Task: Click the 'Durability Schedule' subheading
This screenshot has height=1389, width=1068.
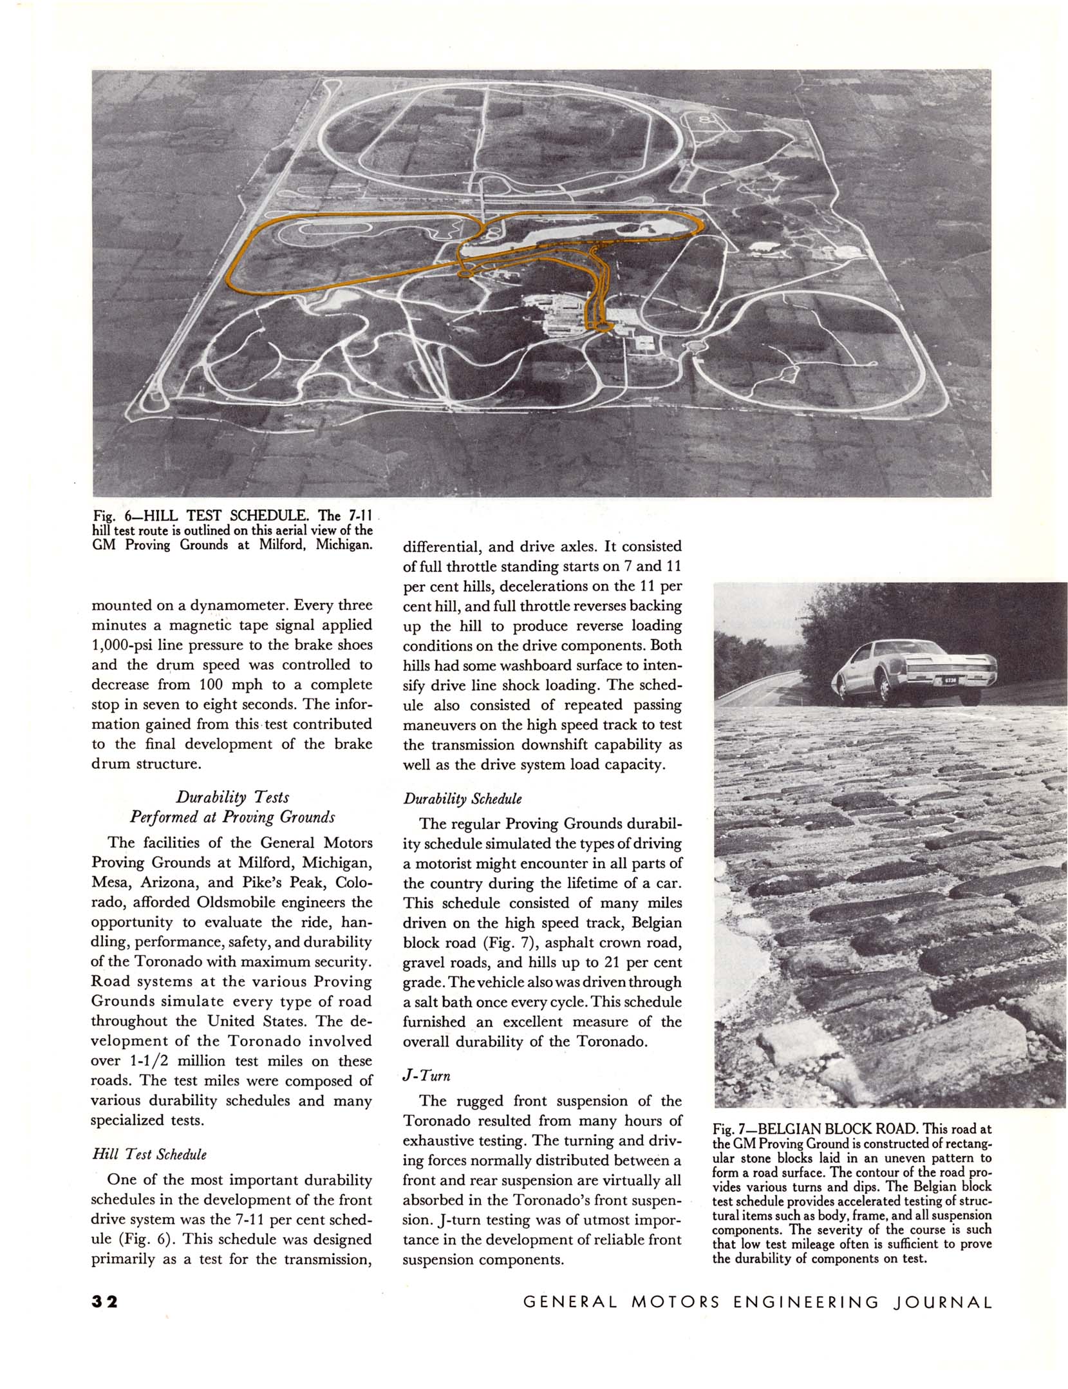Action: (x=462, y=799)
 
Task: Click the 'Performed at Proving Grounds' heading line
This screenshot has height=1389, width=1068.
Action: (x=232, y=817)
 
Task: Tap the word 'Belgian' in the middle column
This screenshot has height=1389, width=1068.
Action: (x=657, y=923)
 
